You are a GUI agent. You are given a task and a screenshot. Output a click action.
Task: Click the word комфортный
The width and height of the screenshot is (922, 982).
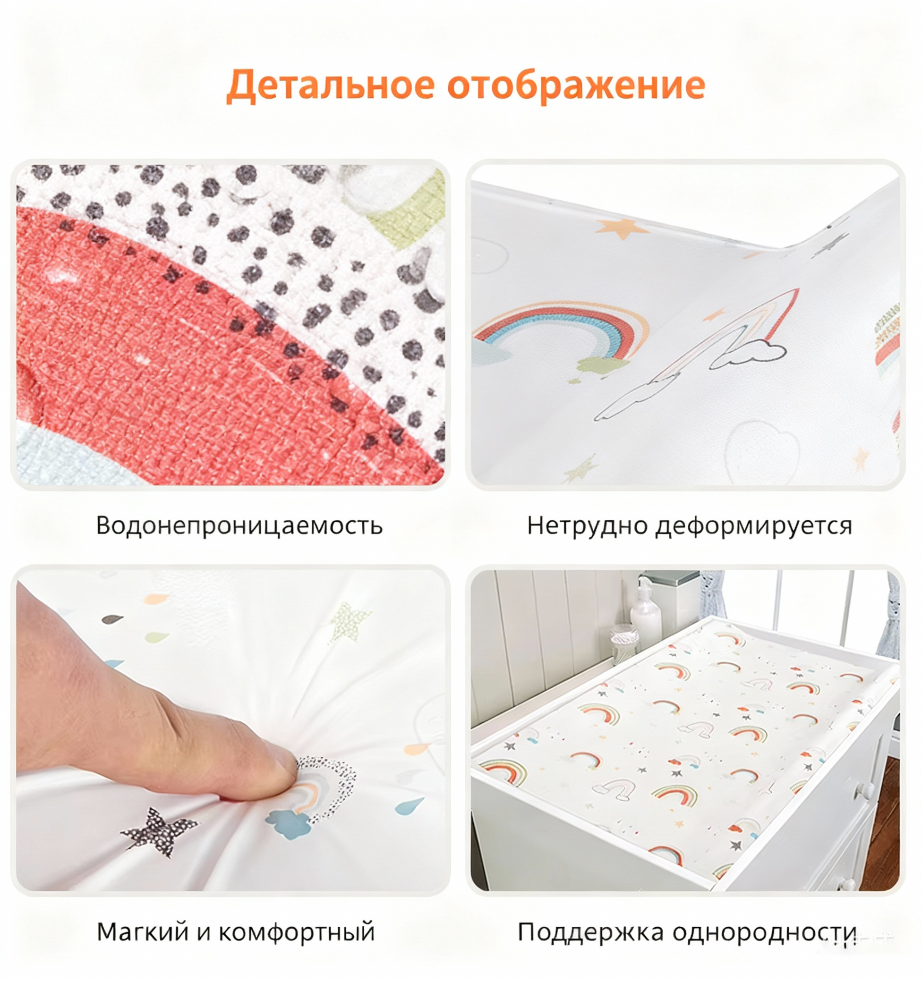tap(297, 932)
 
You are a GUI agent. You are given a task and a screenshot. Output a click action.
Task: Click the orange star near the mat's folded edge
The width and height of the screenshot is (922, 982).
tap(622, 228)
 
